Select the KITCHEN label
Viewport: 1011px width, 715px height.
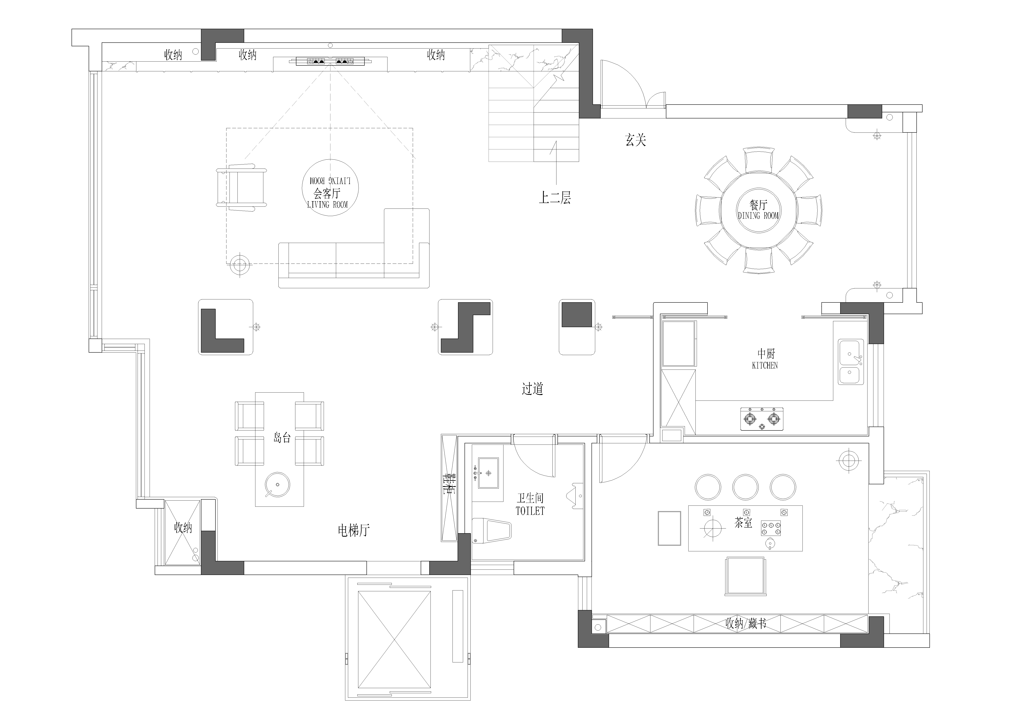click(x=765, y=365)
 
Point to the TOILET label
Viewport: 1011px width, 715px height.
click(x=530, y=511)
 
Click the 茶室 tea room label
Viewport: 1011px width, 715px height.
click(x=743, y=523)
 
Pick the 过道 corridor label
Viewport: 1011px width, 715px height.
click(x=532, y=389)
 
